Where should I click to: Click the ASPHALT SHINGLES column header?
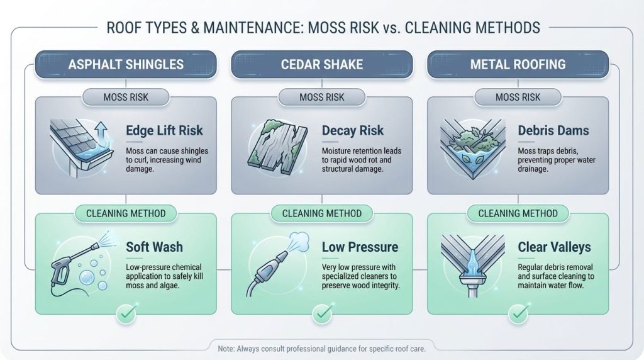(125, 64)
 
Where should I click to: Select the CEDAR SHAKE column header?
(322, 64)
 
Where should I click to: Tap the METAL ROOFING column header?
(518, 64)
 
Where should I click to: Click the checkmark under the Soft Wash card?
(125, 312)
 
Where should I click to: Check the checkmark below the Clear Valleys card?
(518, 312)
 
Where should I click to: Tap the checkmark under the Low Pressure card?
(322, 312)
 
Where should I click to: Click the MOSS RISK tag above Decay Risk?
(322, 97)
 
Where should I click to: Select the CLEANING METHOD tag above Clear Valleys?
(518, 213)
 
